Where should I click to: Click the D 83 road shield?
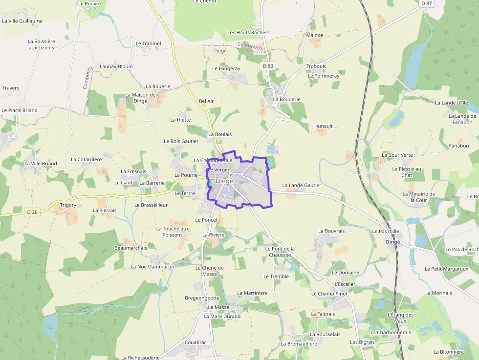pos(267,66)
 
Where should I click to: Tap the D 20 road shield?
pos(32,212)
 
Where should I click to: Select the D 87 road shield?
pos(427,3)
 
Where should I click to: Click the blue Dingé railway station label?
pos(392,242)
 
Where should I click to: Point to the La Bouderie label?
pos(287,99)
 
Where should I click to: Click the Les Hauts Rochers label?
pos(248,33)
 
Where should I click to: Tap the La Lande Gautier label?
pos(302,185)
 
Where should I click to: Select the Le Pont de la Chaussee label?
pos(280,252)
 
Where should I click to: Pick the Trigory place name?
pos(68,205)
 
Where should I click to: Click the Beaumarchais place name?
pos(131,248)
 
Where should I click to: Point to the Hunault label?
pos(324,126)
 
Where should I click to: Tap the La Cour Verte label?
pos(397,155)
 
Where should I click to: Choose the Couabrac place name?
pos(196,342)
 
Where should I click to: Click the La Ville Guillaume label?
pos(22,21)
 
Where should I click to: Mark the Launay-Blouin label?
pos(116,66)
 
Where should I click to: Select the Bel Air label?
pos(206,101)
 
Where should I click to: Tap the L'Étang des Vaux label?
pos(400,318)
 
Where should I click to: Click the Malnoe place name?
pos(315,35)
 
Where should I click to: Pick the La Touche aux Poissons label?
pos(173,232)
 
